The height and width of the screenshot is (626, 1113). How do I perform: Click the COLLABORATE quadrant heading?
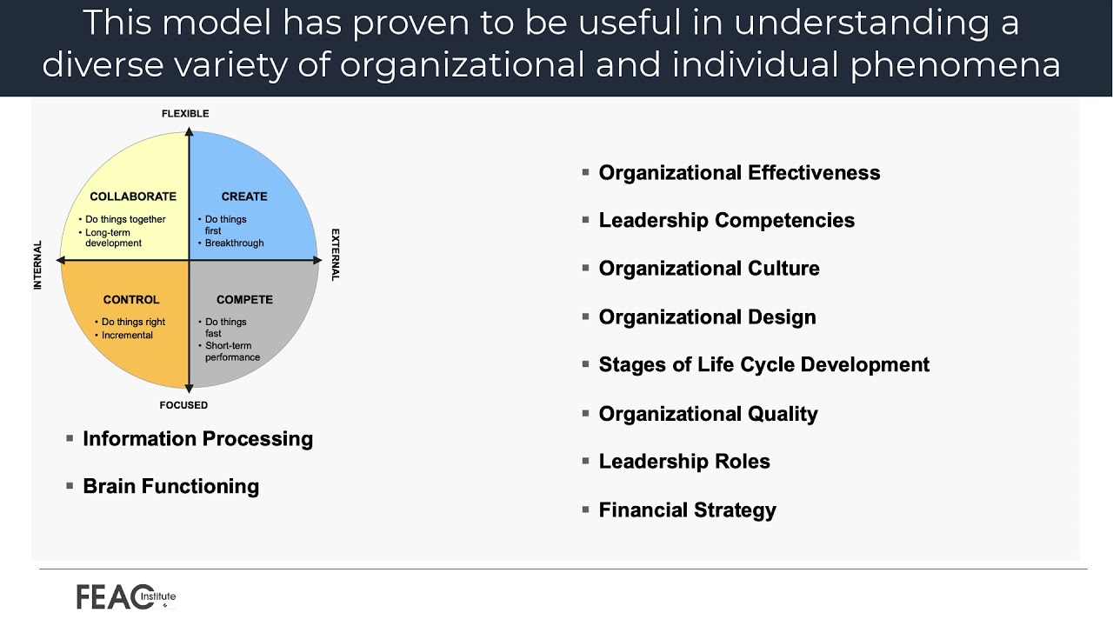click(133, 196)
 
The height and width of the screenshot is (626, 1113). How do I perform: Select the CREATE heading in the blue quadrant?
click(244, 196)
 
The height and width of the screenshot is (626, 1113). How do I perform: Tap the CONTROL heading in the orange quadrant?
click(131, 300)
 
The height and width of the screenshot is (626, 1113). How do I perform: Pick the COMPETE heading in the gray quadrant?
click(244, 300)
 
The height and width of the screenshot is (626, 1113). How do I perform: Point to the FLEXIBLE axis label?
click(185, 114)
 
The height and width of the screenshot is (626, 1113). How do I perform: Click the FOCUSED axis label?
click(183, 405)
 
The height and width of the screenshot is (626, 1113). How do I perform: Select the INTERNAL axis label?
click(37, 265)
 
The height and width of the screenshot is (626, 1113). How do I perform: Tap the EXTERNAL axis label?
click(336, 255)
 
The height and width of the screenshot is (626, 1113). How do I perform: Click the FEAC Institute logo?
click(125, 596)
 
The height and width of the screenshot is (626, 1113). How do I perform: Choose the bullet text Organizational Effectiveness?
click(739, 173)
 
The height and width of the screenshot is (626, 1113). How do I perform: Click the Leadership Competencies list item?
click(726, 221)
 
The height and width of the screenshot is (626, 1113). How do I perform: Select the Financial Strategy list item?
click(687, 510)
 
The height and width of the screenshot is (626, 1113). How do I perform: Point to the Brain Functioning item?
click(170, 486)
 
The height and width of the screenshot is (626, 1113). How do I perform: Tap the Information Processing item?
click(197, 439)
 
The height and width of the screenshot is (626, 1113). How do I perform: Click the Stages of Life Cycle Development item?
click(763, 365)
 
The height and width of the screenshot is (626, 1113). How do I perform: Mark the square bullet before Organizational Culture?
click(586, 268)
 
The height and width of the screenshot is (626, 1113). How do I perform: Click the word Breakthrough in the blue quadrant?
click(234, 243)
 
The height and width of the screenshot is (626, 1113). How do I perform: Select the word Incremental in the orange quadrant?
click(127, 336)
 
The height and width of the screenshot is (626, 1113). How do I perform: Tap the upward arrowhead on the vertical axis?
click(189, 131)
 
